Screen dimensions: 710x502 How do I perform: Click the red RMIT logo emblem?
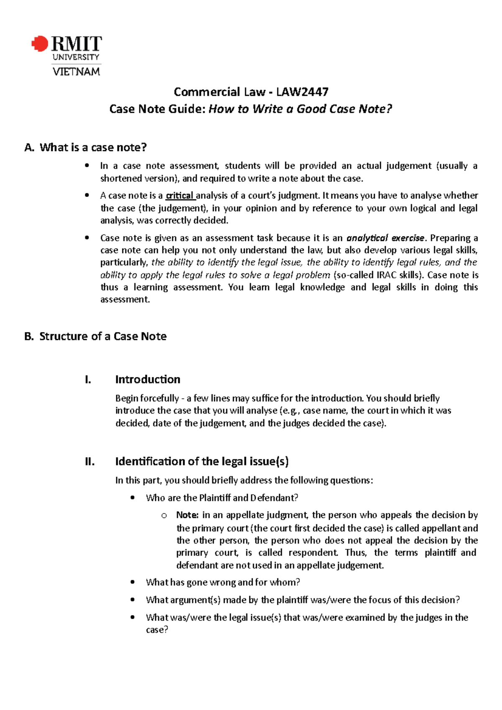40,43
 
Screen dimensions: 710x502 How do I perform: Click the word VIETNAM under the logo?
76,72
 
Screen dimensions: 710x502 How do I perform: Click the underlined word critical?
180,196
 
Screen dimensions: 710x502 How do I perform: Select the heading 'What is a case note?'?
93,147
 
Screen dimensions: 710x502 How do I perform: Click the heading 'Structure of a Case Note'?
103,336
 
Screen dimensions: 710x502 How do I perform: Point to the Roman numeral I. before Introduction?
87,379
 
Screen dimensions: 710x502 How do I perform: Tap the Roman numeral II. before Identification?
90,461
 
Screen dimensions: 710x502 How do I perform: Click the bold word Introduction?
148,379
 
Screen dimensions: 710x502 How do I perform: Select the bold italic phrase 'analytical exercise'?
385,238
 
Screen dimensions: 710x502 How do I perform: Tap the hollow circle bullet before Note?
164,516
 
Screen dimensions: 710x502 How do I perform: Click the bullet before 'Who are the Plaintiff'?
133,498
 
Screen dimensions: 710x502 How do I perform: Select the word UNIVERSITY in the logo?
76,57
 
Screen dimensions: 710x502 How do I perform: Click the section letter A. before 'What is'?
29,147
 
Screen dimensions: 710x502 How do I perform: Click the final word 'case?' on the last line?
157,630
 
